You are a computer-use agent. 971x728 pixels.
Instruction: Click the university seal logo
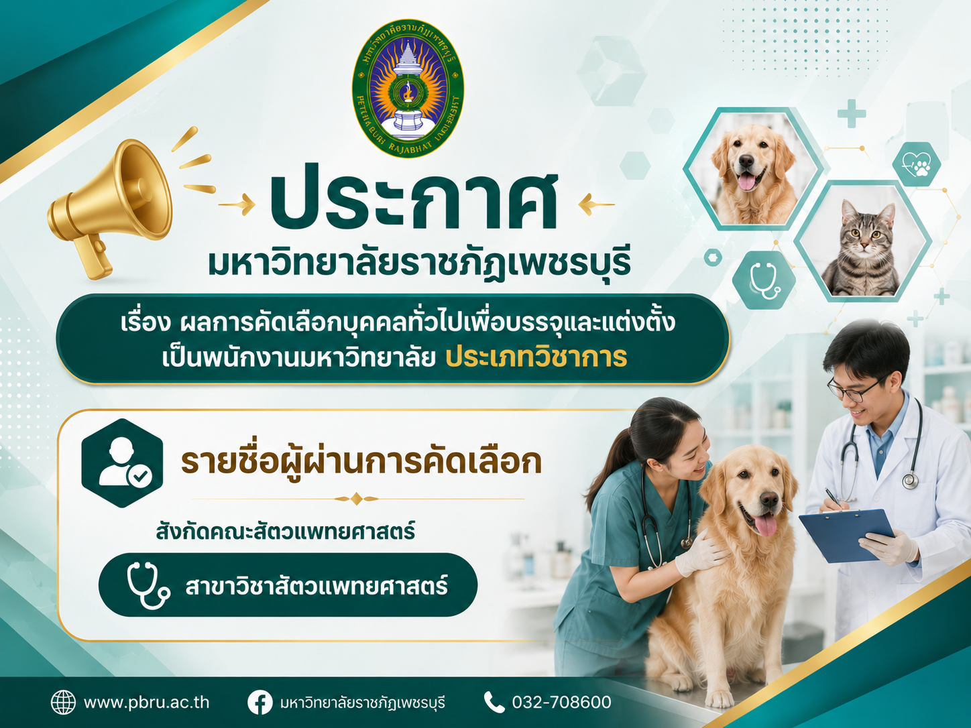[408, 88]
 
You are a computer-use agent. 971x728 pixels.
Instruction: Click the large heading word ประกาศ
[414, 203]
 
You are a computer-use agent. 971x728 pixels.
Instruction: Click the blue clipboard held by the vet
[847, 535]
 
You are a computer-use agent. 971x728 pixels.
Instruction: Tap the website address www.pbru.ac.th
[146, 702]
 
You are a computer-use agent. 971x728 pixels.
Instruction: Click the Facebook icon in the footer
[260, 703]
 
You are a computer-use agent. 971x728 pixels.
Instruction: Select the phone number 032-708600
[561, 702]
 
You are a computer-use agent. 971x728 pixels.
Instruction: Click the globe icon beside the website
[63, 703]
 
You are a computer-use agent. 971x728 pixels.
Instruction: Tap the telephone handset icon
[494, 703]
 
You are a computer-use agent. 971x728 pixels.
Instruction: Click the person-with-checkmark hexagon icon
[122, 463]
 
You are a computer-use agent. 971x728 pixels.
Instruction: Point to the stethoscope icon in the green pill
[148, 585]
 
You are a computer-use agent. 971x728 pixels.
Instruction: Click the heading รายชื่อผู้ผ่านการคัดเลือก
[361, 463]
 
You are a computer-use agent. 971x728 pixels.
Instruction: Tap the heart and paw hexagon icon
[916, 164]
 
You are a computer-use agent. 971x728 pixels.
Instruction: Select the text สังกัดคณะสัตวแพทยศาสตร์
[285, 532]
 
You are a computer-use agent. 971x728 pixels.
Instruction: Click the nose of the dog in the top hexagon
[746, 161]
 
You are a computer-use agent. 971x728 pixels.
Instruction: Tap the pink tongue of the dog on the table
[765, 525]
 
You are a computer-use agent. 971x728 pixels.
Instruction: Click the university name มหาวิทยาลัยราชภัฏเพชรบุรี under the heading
[419, 263]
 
